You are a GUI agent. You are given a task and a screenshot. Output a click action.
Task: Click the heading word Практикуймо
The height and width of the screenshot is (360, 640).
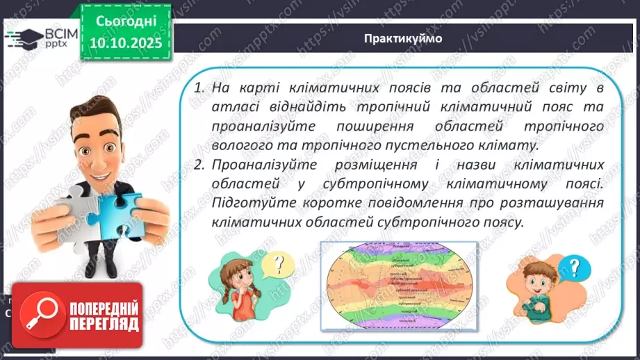click(402, 38)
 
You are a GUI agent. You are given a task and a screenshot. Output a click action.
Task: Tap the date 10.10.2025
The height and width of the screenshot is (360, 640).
click(122, 42)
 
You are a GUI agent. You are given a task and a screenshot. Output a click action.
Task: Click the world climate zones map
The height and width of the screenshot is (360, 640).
click(398, 284)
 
